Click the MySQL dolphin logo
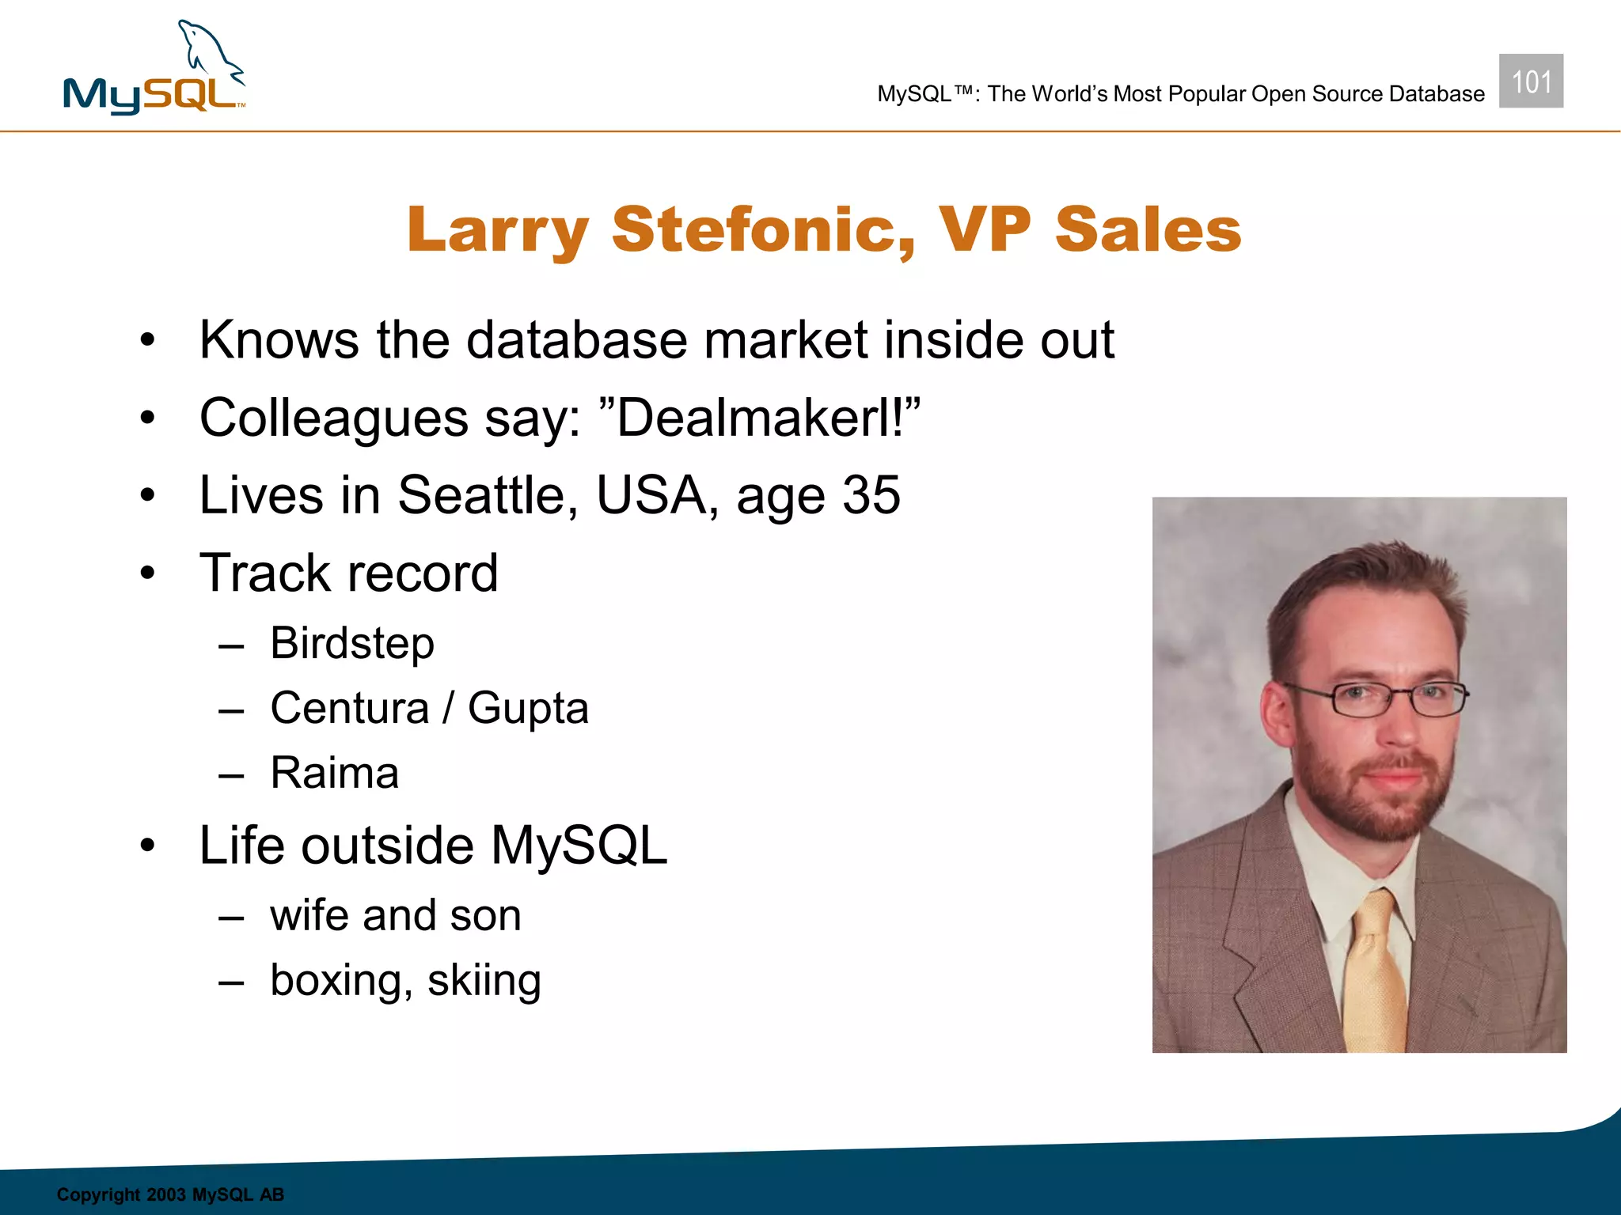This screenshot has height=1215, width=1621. pos(154,70)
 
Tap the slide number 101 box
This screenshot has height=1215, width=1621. pos(1531,81)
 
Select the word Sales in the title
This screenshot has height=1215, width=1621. pos(1148,230)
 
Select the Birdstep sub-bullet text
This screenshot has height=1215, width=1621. pos(352,643)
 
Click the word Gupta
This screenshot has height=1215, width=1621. pos(528,709)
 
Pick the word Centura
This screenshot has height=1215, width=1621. pos(349,708)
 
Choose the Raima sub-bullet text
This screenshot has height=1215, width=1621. pos(334,773)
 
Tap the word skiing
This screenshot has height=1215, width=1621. pos(484,981)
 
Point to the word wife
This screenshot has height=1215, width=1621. pos(309,916)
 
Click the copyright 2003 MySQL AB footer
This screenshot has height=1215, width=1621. pos(170,1194)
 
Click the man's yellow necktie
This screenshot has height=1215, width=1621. pos(1374,973)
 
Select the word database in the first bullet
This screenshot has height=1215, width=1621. pos(577,340)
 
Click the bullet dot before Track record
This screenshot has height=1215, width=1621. pos(148,573)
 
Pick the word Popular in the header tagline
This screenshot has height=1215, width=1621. pos(1206,94)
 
